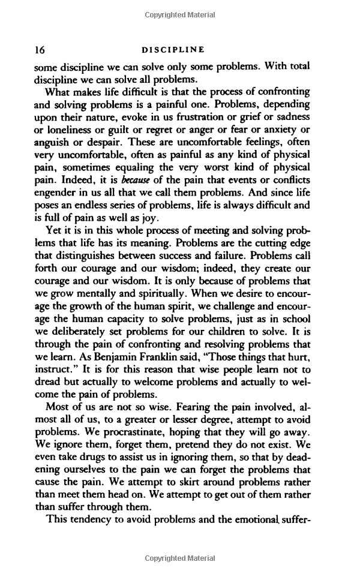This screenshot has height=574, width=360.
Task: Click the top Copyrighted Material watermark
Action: click(x=179, y=14)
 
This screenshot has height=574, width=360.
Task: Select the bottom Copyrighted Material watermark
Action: click(x=179, y=558)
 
